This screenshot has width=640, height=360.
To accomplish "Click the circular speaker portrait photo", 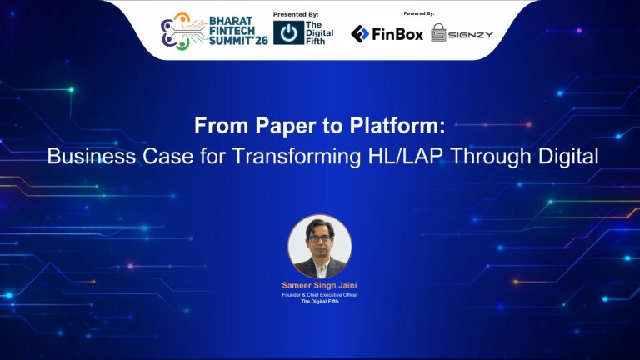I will click(320, 247).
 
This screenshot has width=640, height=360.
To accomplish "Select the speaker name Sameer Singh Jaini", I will click(320, 285).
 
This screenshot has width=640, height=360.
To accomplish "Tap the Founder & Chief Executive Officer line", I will click(320, 294).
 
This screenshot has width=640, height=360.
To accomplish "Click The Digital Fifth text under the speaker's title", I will click(320, 302).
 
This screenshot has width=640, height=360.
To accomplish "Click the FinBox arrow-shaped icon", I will click(359, 33).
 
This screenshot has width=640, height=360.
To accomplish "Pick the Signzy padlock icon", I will click(438, 33).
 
